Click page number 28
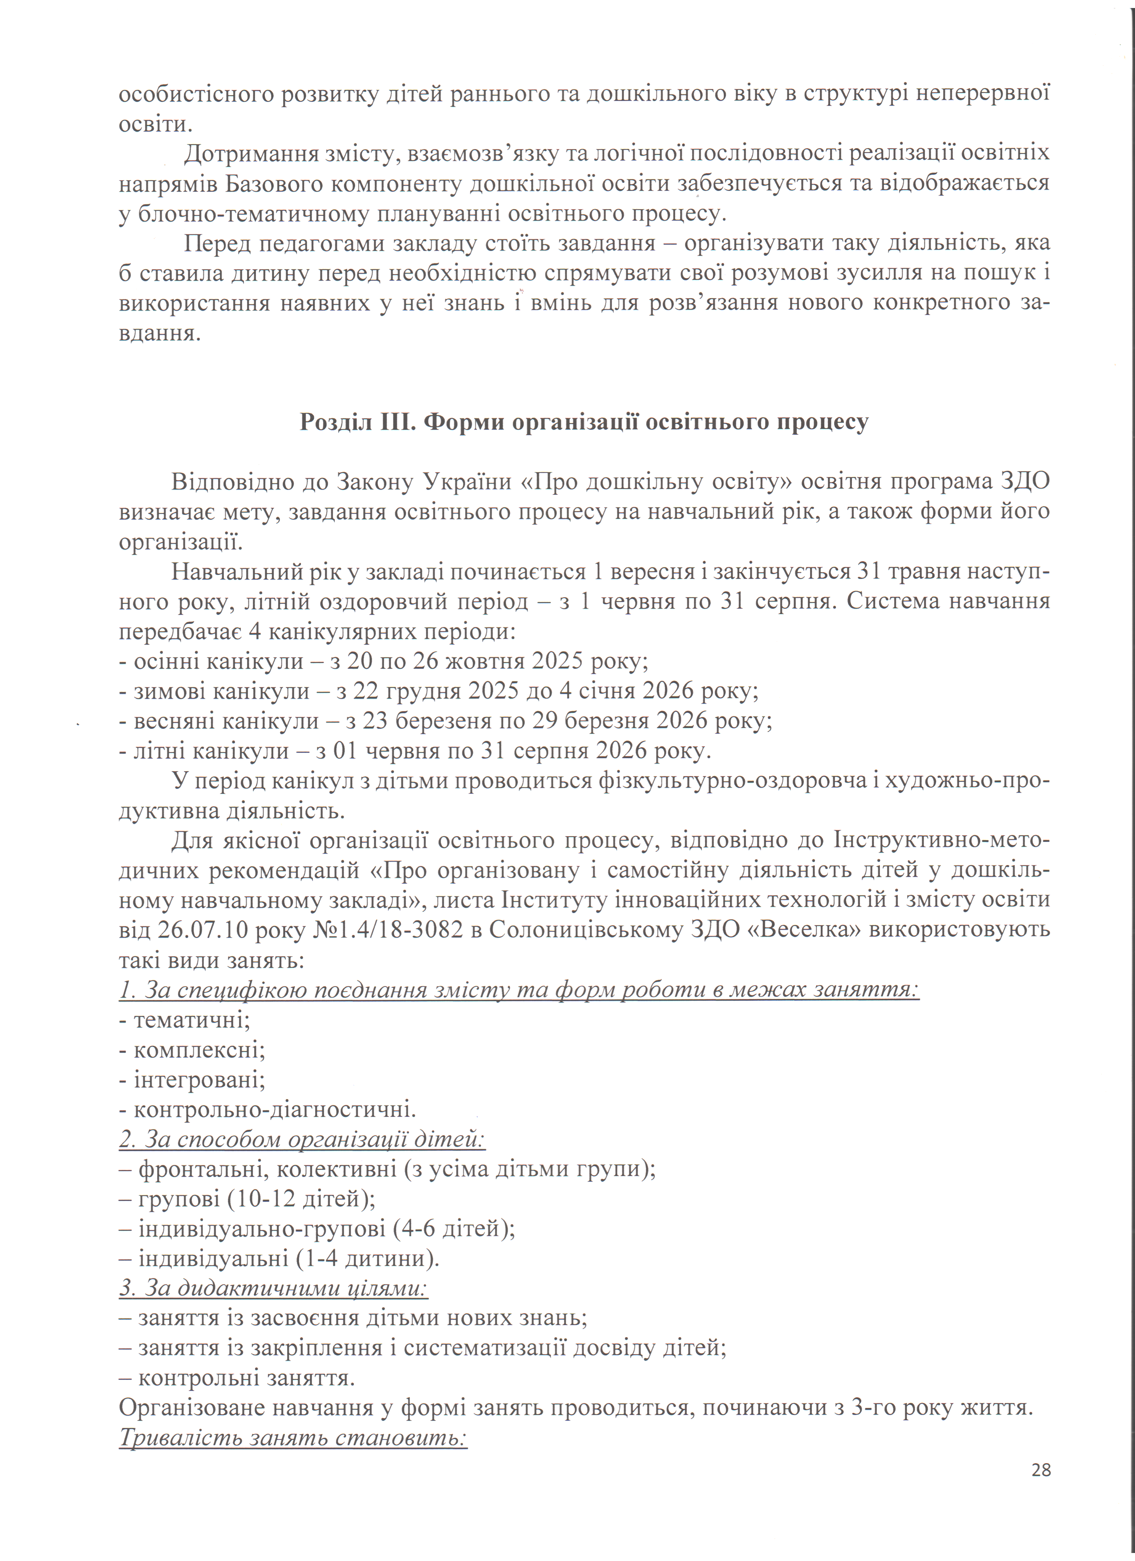coord(1041,1469)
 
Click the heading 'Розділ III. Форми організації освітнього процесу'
coord(584,422)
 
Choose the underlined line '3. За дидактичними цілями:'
coord(273,1287)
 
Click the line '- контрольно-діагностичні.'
coord(268,1109)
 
